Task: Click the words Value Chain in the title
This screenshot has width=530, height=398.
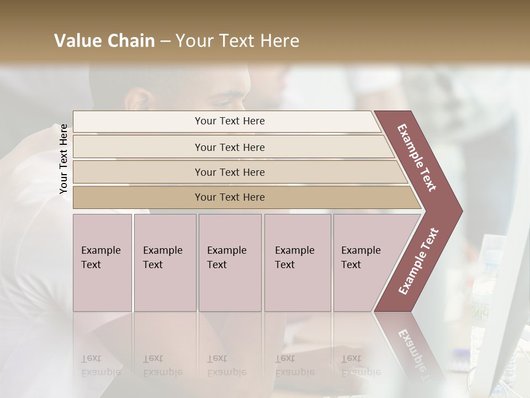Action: coord(104,41)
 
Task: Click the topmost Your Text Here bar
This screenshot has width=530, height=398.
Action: coord(229,121)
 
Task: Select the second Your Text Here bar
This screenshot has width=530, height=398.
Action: coord(229,147)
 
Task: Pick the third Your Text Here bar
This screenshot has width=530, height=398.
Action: coord(229,172)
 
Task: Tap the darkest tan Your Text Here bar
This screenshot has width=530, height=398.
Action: coord(229,197)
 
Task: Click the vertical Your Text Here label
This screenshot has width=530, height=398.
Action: coord(63,159)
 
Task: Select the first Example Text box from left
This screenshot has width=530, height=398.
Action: coord(102,263)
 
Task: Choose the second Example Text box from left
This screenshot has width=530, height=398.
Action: coord(165,263)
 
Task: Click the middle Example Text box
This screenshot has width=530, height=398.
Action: coord(230,263)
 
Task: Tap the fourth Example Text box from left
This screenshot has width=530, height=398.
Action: coord(297,263)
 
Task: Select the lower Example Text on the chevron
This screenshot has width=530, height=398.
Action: coord(418,261)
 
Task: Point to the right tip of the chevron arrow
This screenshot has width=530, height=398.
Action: coord(461,211)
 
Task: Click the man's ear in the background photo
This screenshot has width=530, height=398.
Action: coord(136,101)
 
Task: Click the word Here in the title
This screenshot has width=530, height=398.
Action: coord(279,41)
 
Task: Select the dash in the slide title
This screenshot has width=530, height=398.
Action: coord(165,41)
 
